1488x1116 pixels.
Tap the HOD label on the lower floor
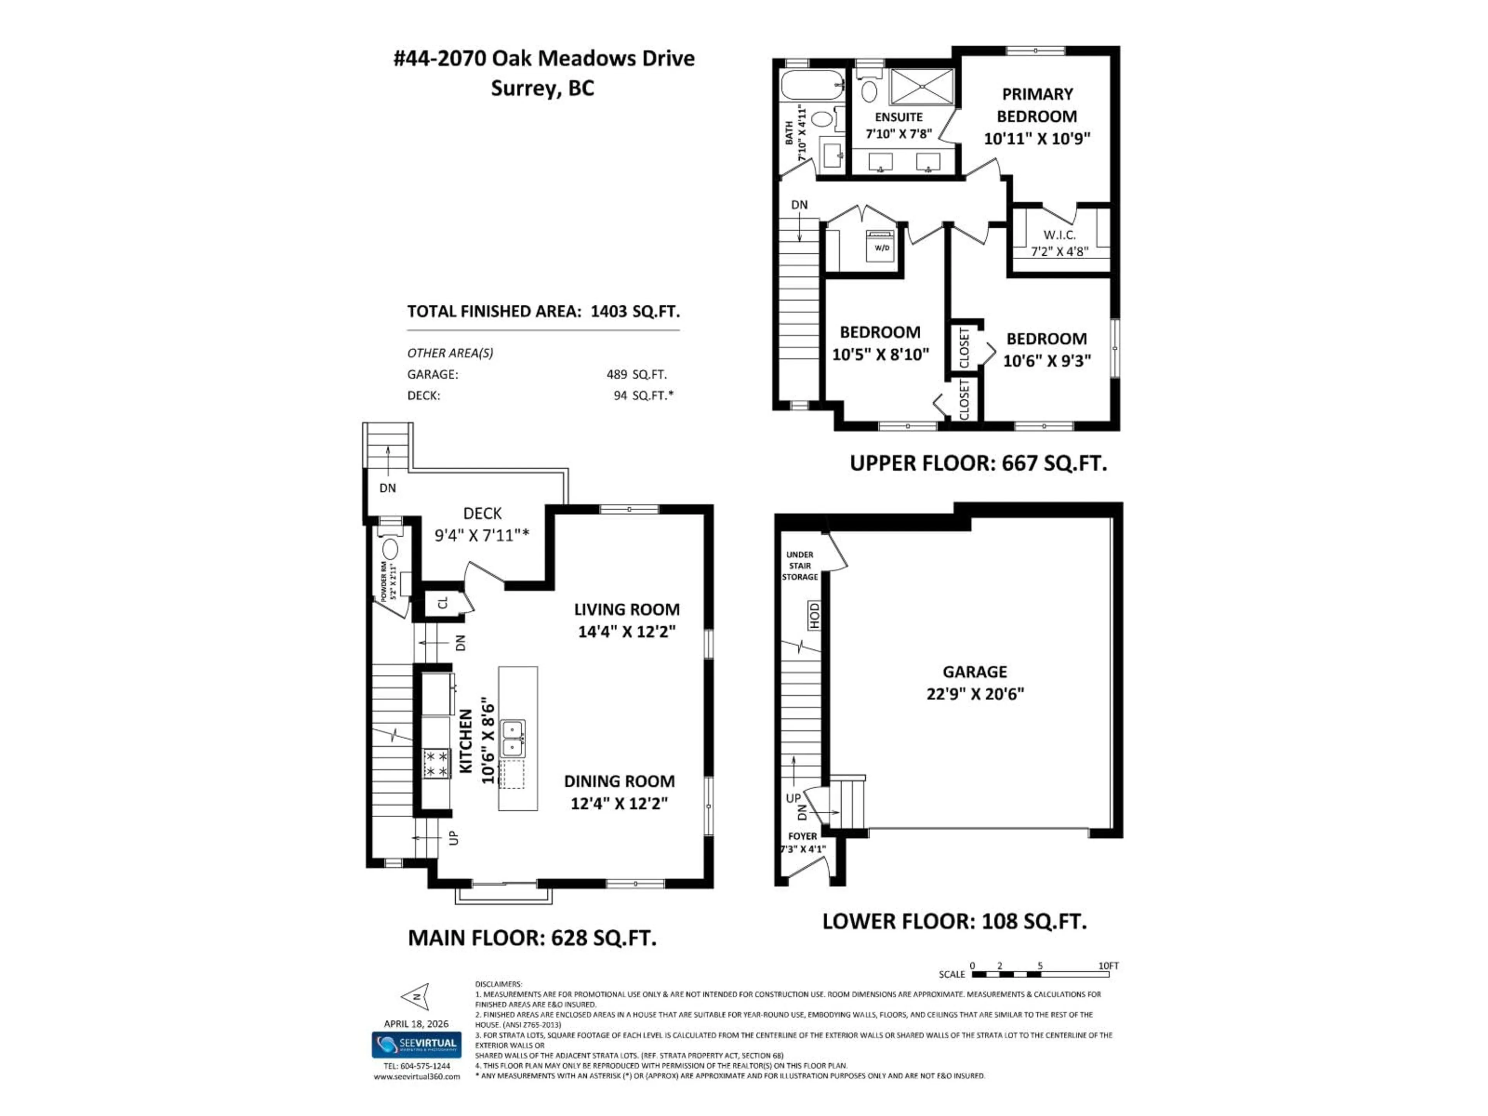(x=815, y=615)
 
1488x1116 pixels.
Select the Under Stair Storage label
(x=800, y=566)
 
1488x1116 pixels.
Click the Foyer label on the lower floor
(x=803, y=836)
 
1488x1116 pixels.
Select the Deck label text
(x=482, y=513)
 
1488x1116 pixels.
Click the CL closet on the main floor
(x=443, y=603)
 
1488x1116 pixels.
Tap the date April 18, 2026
(x=416, y=1024)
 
